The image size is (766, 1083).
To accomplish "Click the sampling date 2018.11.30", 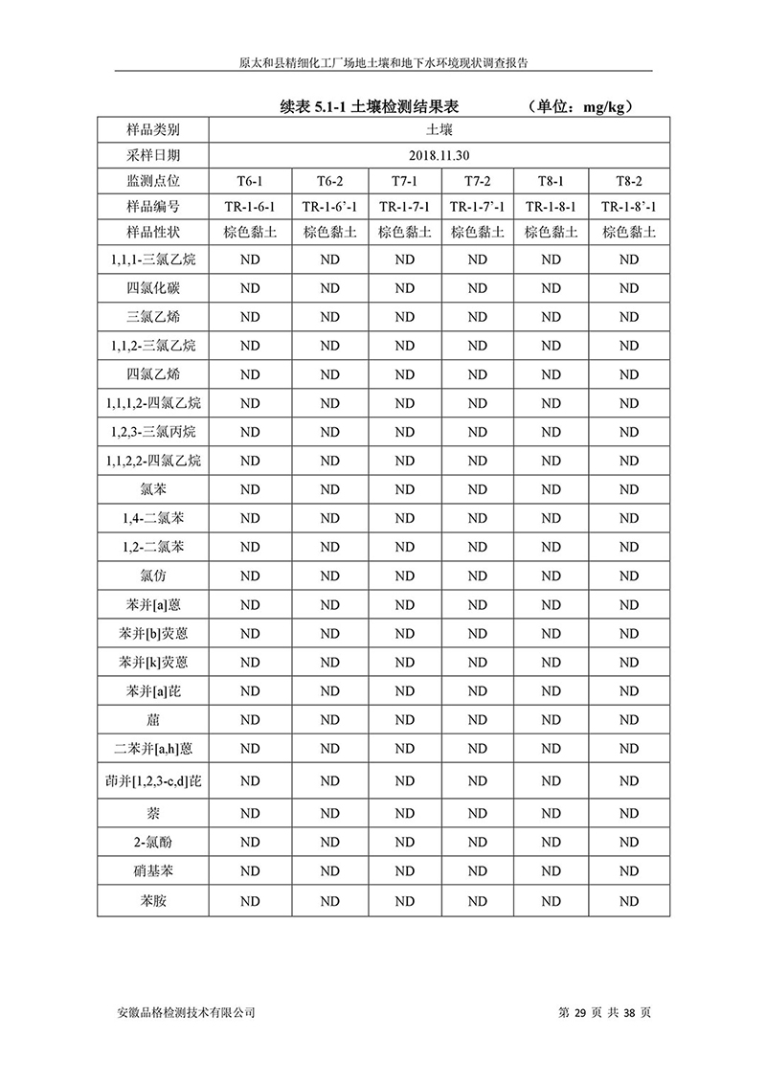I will coord(439,155).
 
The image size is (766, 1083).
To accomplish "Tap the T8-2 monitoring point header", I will coord(628,180).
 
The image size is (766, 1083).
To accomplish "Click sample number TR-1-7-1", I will coord(404,206).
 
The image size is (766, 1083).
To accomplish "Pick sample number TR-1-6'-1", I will coord(329,206).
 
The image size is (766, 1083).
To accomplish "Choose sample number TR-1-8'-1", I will coord(629,206).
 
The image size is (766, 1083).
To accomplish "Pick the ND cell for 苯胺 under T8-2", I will coord(628,901).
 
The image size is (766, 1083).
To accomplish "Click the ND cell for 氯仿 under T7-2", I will coord(478,576).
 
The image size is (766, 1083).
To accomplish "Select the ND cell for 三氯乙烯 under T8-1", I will coord(552,316).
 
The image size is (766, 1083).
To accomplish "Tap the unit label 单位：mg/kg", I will coord(580,108).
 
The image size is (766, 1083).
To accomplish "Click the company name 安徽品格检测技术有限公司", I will coord(185,1011).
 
